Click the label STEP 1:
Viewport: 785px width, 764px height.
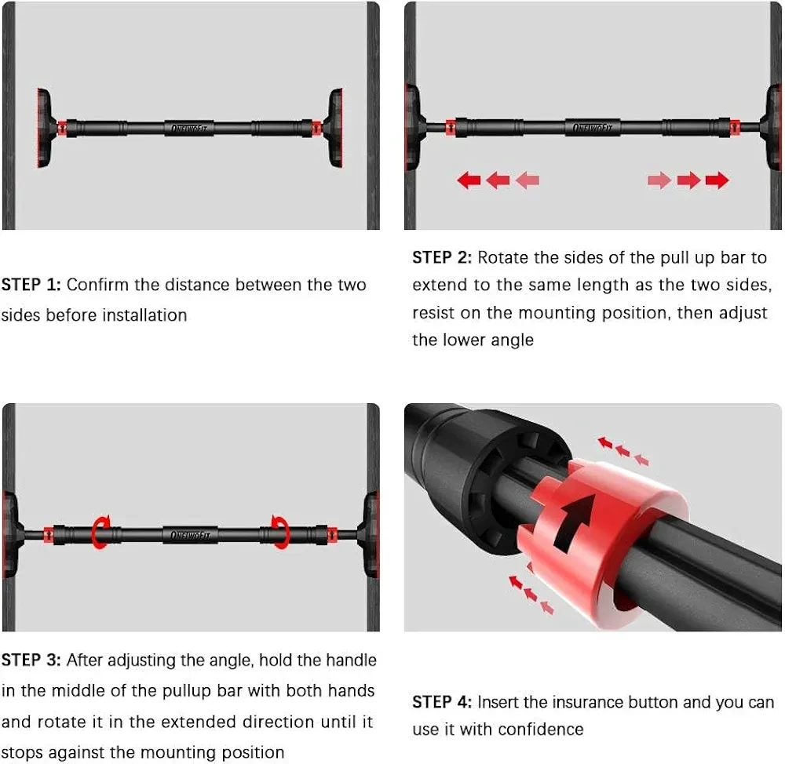pos(31,285)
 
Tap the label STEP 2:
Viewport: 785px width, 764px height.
pos(442,257)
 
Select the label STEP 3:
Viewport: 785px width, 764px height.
pos(31,660)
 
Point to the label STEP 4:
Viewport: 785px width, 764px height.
pos(442,702)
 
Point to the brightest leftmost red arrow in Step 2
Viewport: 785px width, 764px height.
pos(469,180)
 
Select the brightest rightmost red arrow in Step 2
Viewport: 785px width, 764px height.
pos(717,180)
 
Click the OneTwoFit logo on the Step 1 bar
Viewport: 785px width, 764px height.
pos(189,128)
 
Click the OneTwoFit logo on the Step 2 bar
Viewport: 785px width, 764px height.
pos(593,128)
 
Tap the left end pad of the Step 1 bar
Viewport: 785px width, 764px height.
pos(44,128)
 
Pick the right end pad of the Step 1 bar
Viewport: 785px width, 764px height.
pos(334,128)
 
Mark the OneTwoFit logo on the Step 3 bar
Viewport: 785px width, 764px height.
pos(190,536)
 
